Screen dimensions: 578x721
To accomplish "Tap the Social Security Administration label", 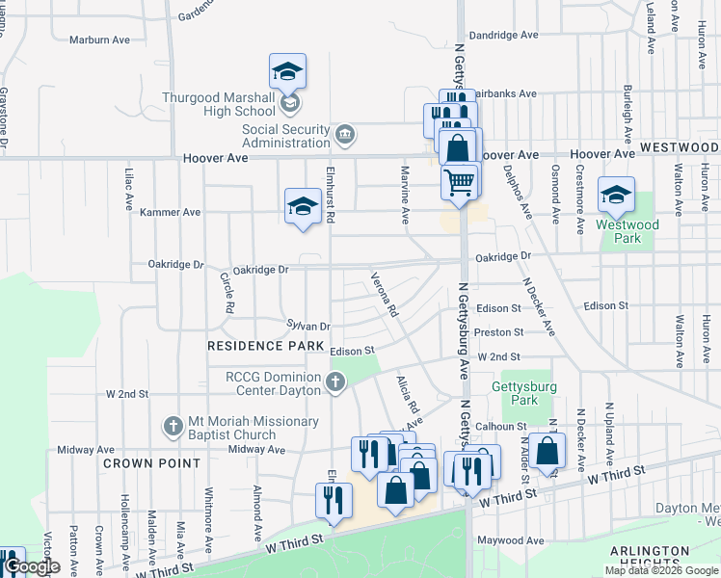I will (x=285, y=136).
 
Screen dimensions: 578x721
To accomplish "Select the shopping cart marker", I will (x=460, y=180).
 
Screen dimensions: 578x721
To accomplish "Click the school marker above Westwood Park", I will (x=616, y=195).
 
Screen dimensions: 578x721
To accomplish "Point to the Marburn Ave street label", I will (x=99, y=39).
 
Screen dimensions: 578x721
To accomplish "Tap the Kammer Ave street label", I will (x=170, y=212).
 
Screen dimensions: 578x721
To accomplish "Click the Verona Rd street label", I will (x=385, y=296).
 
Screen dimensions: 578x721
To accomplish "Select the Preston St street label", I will (x=499, y=332).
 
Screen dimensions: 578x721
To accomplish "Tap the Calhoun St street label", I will (x=499, y=426).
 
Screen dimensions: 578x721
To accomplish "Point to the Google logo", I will (x=31, y=567).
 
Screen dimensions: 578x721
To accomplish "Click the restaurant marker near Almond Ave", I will (x=334, y=501).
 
